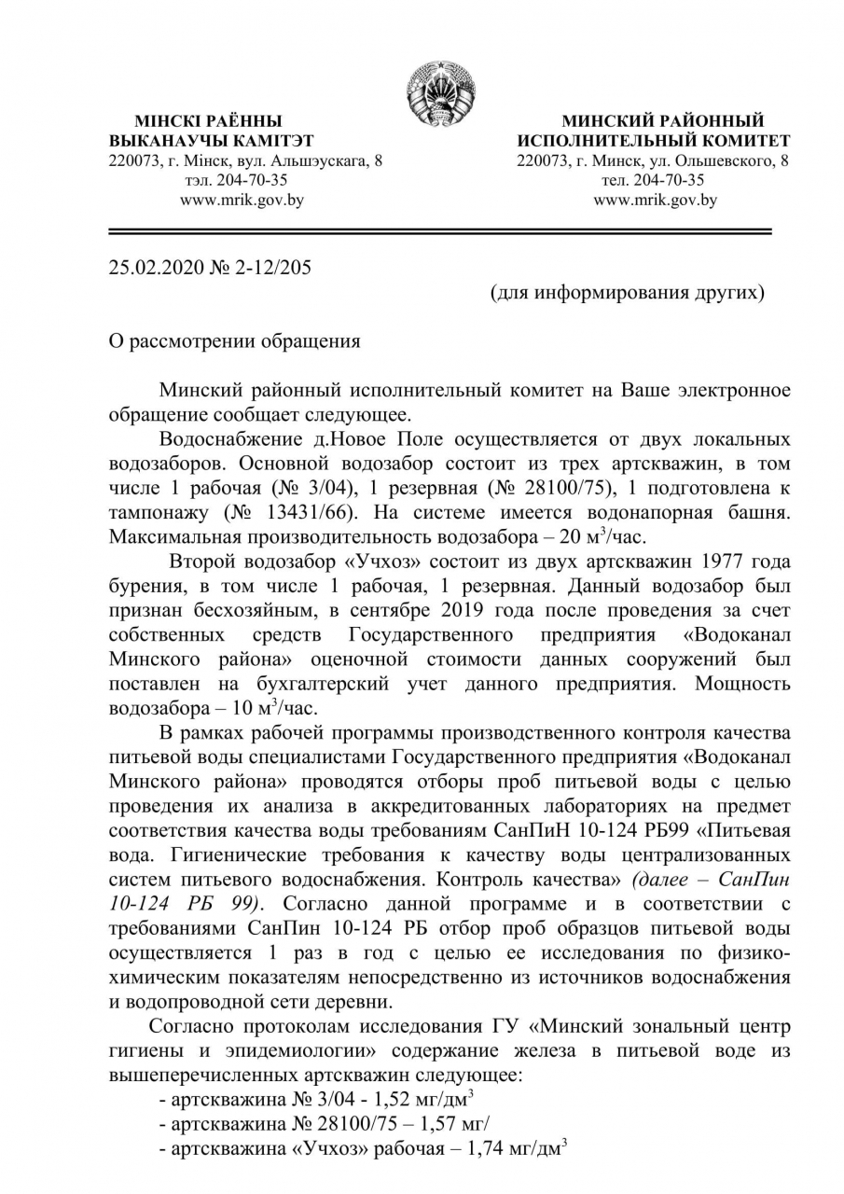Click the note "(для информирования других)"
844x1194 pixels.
point(628,293)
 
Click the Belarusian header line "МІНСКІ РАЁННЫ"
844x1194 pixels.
point(208,121)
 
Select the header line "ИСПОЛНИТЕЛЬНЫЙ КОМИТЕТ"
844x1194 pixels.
point(653,141)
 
